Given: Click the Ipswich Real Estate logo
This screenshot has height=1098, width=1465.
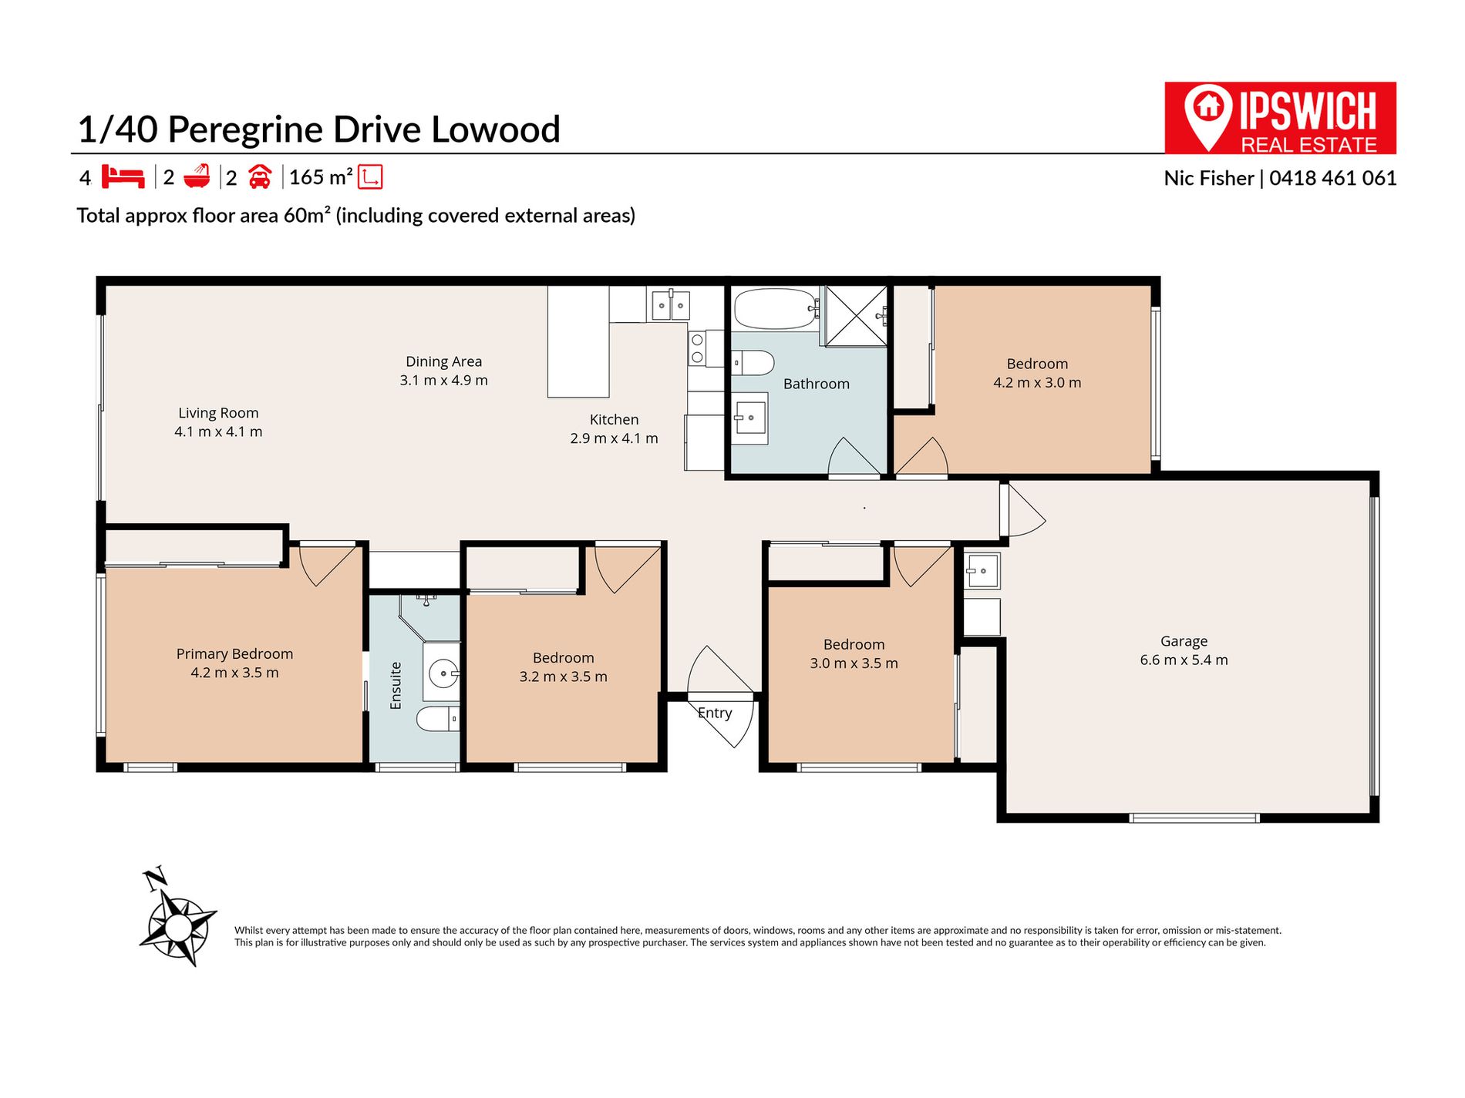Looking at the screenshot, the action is click(1280, 118).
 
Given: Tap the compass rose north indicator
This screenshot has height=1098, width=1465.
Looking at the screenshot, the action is click(179, 918).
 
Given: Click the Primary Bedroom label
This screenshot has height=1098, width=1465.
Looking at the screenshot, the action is click(234, 654).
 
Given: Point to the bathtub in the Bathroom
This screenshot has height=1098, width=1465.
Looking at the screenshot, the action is click(776, 309).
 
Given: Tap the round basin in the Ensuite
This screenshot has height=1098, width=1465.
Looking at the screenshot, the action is click(443, 673).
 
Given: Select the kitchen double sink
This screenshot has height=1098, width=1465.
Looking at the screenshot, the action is click(670, 305).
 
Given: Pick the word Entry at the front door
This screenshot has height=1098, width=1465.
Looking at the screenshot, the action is click(715, 713).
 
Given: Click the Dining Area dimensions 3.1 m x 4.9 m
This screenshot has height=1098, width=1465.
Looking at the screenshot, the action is click(444, 381).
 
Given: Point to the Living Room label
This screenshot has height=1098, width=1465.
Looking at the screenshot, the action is click(218, 414).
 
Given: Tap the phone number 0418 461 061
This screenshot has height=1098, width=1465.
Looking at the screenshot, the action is click(1333, 178).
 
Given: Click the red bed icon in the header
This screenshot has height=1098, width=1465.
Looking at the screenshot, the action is click(123, 176).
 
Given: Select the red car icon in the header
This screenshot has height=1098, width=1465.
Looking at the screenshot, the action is click(260, 177).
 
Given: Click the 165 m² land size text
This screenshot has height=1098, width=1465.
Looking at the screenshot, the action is click(321, 177).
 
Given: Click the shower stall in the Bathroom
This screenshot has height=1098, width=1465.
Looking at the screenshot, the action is click(856, 316).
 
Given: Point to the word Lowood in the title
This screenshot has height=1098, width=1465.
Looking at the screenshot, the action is click(495, 129).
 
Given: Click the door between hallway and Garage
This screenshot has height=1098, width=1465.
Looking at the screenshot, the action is click(1022, 510).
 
